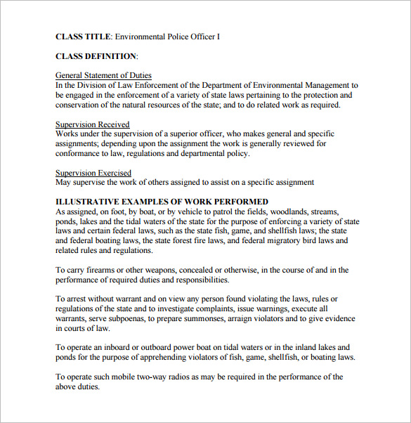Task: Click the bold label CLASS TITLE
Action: point(83,36)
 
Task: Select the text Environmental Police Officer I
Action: point(167,36)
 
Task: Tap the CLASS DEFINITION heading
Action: point(96,56)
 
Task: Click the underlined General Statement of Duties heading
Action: point(103,75)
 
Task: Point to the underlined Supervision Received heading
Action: point(93,124)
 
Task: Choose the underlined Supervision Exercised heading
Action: point(93,173)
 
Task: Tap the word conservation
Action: point(78,105)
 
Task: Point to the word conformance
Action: point(79,153)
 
